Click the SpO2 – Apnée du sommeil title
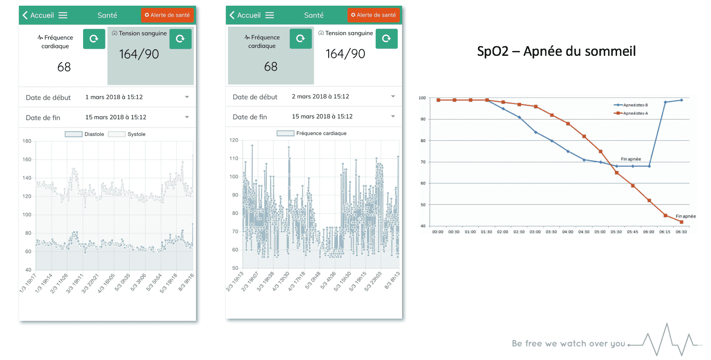pos(556,51)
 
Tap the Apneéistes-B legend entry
pos(631,105)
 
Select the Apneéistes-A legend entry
pos(631,113)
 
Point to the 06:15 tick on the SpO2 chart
pos(665,232)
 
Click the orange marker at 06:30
pos(682,222)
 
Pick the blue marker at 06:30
pos(682,100)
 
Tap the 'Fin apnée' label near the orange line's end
pos(686,216)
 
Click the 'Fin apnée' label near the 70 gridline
pos(631,159)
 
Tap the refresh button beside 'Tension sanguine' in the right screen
pos(387,39)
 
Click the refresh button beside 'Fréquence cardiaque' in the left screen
pos(94,39)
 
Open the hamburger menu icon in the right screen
pos(269,15)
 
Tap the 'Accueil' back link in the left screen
pos(38,15)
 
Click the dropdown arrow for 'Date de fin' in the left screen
pos(187,117)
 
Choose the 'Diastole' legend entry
pos(84,135)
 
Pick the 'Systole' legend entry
pos(127,135)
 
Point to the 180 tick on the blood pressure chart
pos(27,141)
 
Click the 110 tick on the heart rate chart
pos(234,158)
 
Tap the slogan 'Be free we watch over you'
pos(569,343)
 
